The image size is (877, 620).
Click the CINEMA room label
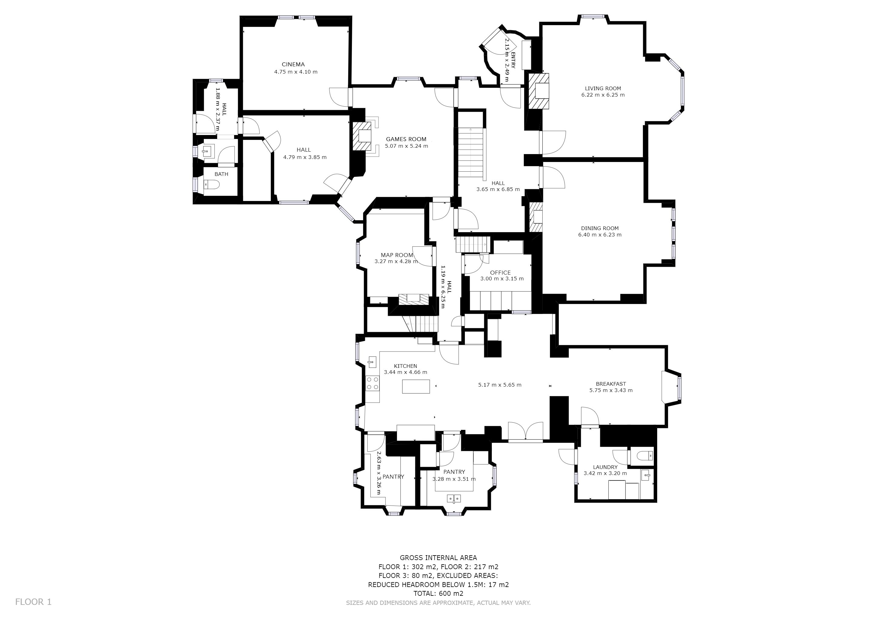(x=293, y=64)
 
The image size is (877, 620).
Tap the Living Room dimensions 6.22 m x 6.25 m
(x=603, y=95)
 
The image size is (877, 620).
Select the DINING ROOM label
(x=600, y=228)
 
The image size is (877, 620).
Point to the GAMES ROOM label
(x=406, y=139)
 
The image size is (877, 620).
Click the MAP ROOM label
(x=397, y=255)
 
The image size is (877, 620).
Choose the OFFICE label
(x=500, y=272)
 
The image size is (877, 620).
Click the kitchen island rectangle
(x=416, y=386)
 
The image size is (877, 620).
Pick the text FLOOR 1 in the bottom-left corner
(x=33, y=602)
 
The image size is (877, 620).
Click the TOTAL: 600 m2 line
(x=438, y=594)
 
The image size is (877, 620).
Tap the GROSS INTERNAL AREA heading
(x=438, y=558)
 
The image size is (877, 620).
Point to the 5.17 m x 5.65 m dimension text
(x=500, y=385)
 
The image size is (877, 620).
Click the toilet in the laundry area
(x=645, y=456)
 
